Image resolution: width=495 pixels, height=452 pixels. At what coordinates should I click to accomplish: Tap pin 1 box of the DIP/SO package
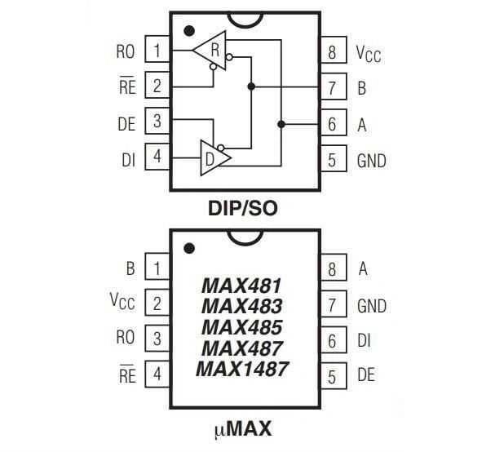tap(157, 49)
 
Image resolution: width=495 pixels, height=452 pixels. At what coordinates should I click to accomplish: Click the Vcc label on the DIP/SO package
tap(369, 54)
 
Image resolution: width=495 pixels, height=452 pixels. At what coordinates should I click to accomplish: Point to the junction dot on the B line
tap(251, 86)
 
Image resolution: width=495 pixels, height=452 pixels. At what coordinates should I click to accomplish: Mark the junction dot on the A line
tap(281, 124)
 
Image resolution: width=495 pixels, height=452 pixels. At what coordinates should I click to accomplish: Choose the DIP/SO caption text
tap(243, 208)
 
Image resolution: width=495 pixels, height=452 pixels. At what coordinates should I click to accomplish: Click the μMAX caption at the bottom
tap(243, 428)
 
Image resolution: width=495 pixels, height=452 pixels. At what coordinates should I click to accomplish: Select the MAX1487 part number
tap(242, 369)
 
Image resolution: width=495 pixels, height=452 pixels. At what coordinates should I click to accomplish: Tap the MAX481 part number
tap(241, 286)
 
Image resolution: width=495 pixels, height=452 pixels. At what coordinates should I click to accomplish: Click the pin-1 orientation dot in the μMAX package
tap(189, 248)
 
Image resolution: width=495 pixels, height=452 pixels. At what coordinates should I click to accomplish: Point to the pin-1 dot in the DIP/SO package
tap(189, 31)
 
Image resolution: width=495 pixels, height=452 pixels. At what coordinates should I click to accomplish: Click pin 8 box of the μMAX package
tap(334, 268)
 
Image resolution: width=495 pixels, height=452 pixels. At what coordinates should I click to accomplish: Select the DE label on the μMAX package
tap(366, 374)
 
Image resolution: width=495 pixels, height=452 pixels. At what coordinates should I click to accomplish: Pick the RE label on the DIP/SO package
tap(127, 86)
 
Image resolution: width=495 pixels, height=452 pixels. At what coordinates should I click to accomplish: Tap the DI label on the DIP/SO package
tap(129, 160)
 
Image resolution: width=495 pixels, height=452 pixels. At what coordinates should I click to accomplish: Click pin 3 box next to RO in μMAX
tap(157, 339)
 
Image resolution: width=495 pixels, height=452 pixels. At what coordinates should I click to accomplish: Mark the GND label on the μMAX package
tap(372, 306)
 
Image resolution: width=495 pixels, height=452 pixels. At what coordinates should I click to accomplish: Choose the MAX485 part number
tap(242, 327)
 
